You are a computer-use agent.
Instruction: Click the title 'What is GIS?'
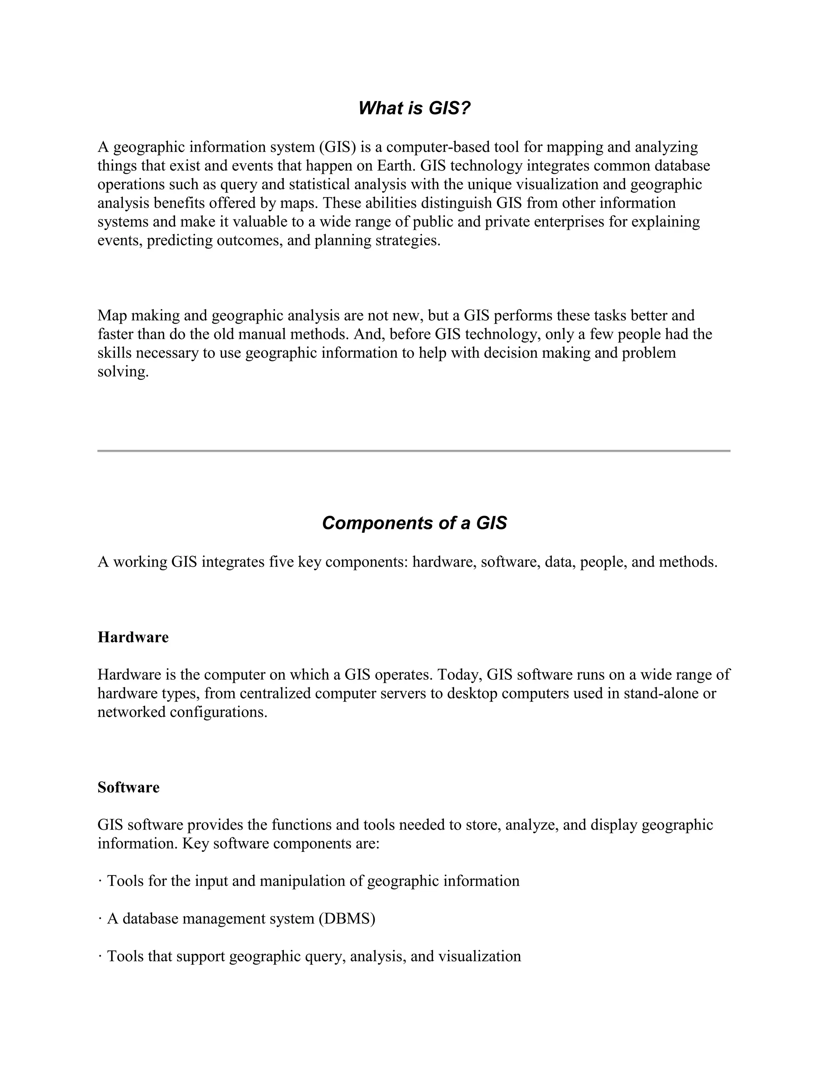tap(414, 108)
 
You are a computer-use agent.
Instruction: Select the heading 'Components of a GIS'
tap(414, 523)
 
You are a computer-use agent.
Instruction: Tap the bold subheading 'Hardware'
tap(133, 637)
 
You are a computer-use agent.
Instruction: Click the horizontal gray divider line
tap(414, 451)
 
